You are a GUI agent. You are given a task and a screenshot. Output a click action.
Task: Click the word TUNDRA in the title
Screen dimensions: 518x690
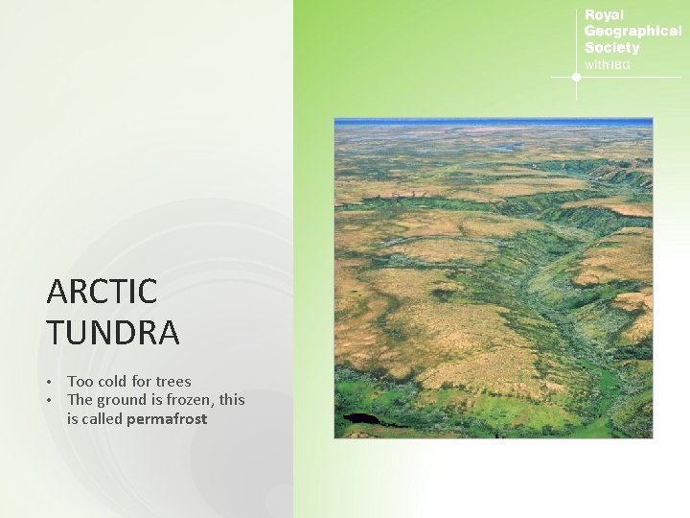112,333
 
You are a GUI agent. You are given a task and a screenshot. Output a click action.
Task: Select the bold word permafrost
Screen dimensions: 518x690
167,419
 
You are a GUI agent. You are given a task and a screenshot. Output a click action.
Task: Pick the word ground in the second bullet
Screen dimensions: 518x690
123,400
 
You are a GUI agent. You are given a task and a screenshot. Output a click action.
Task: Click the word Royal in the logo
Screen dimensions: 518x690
604,15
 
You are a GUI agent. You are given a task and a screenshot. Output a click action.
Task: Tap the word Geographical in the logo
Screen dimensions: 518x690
632,32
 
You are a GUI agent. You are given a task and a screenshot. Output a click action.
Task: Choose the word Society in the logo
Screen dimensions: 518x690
611,48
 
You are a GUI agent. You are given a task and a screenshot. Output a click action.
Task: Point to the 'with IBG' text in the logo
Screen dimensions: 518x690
608,64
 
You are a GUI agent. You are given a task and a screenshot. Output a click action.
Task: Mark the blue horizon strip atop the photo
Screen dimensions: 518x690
493,122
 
